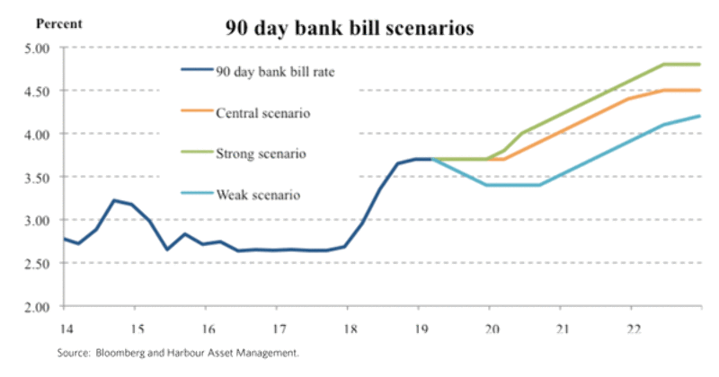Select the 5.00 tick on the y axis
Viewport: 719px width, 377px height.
pos(38,48)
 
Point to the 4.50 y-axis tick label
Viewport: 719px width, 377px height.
pos(38,91)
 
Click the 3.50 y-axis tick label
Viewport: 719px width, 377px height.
pos(38,177)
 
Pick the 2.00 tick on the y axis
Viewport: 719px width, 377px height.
pos(38,307)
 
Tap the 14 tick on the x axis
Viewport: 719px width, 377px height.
pos(64,328)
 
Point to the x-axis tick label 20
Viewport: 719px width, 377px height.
pos(490,328)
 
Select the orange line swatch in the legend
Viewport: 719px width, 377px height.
pos(195,112)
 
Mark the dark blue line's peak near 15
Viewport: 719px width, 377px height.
pos(114,200)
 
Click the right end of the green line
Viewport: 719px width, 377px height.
pos(700,65)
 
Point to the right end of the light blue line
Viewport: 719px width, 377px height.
pos(700,116)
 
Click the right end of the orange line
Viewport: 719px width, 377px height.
pos(700,90)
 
